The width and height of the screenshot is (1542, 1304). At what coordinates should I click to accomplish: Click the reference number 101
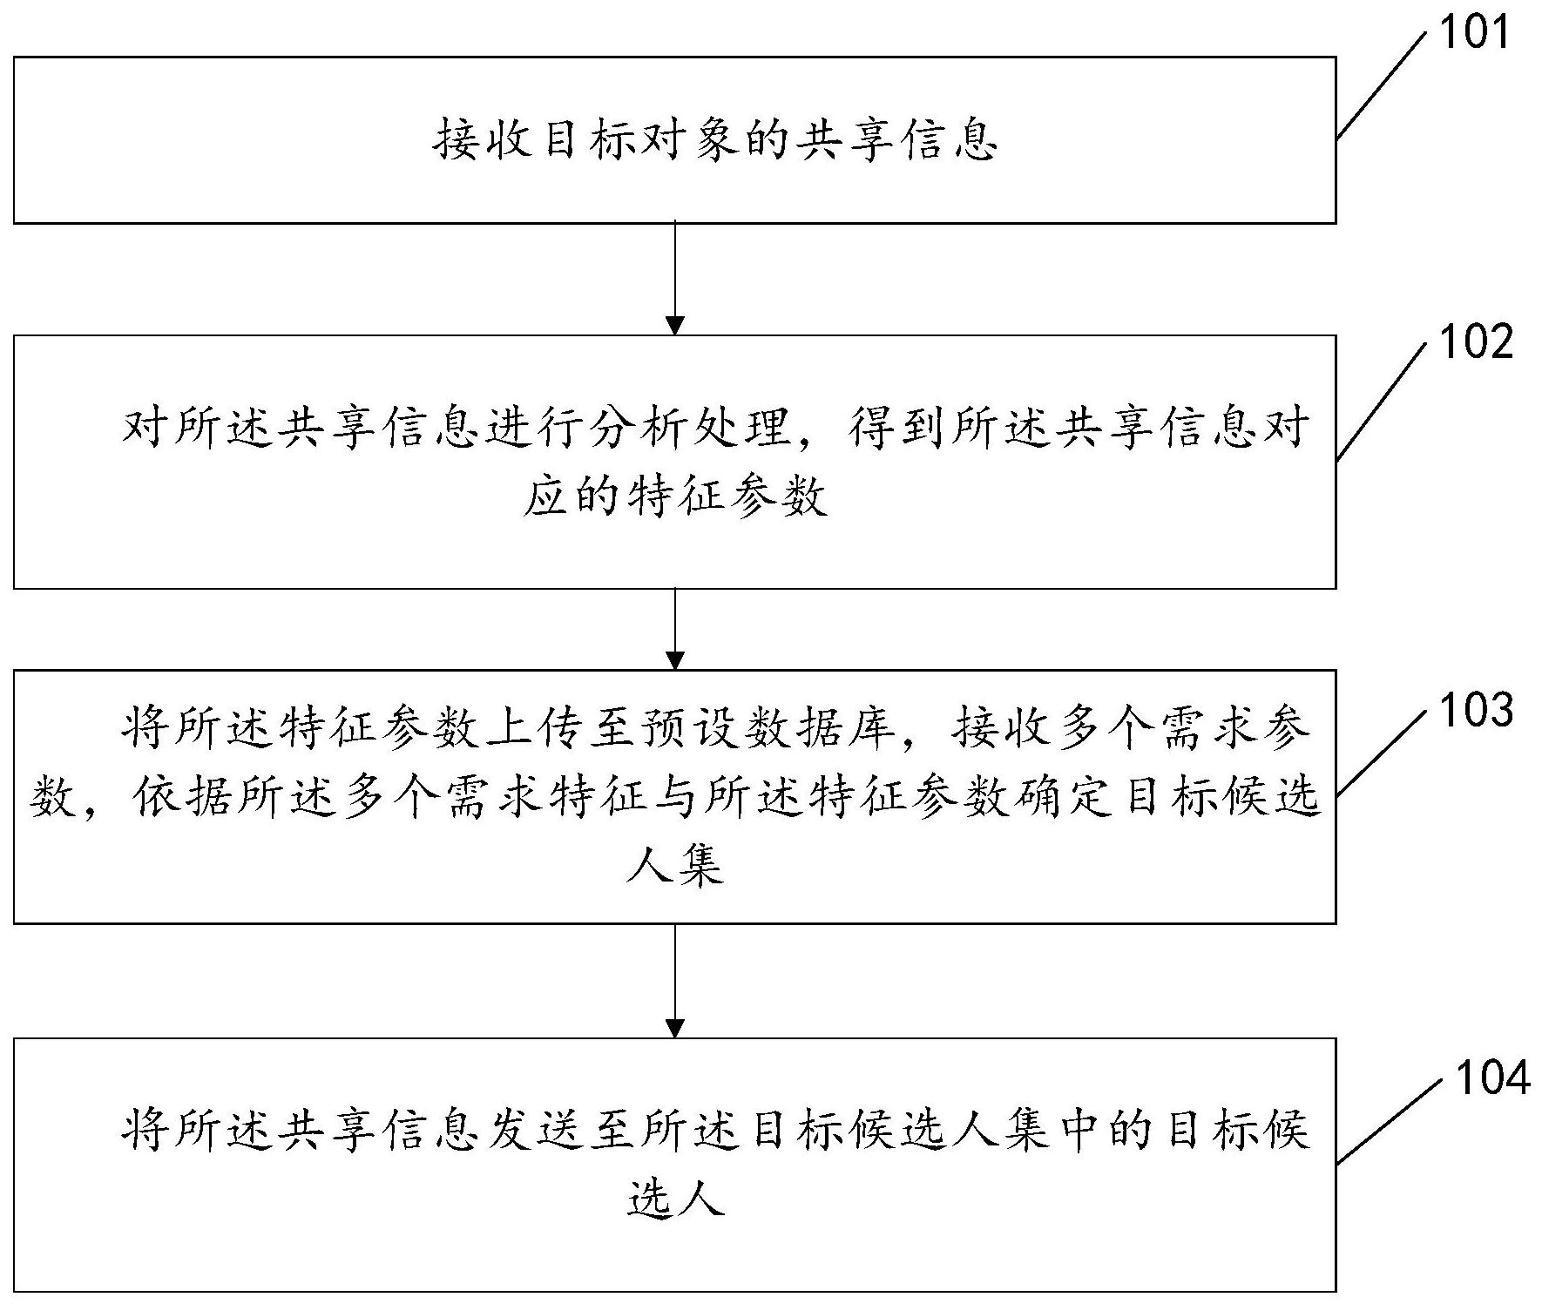click(1473, 33)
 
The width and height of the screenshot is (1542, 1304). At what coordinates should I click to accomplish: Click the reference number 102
click(1476, 342)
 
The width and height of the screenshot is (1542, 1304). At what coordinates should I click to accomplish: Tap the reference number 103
click(1476, 710)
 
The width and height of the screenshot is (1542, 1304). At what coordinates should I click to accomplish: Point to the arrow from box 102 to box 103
click(674, 629)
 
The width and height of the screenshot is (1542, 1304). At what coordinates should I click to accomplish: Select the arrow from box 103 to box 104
click(674, 980)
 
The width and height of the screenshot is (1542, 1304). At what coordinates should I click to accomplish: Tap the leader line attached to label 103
click(1383, 751)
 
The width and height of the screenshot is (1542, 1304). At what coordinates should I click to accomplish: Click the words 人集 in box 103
click(674, 867)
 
